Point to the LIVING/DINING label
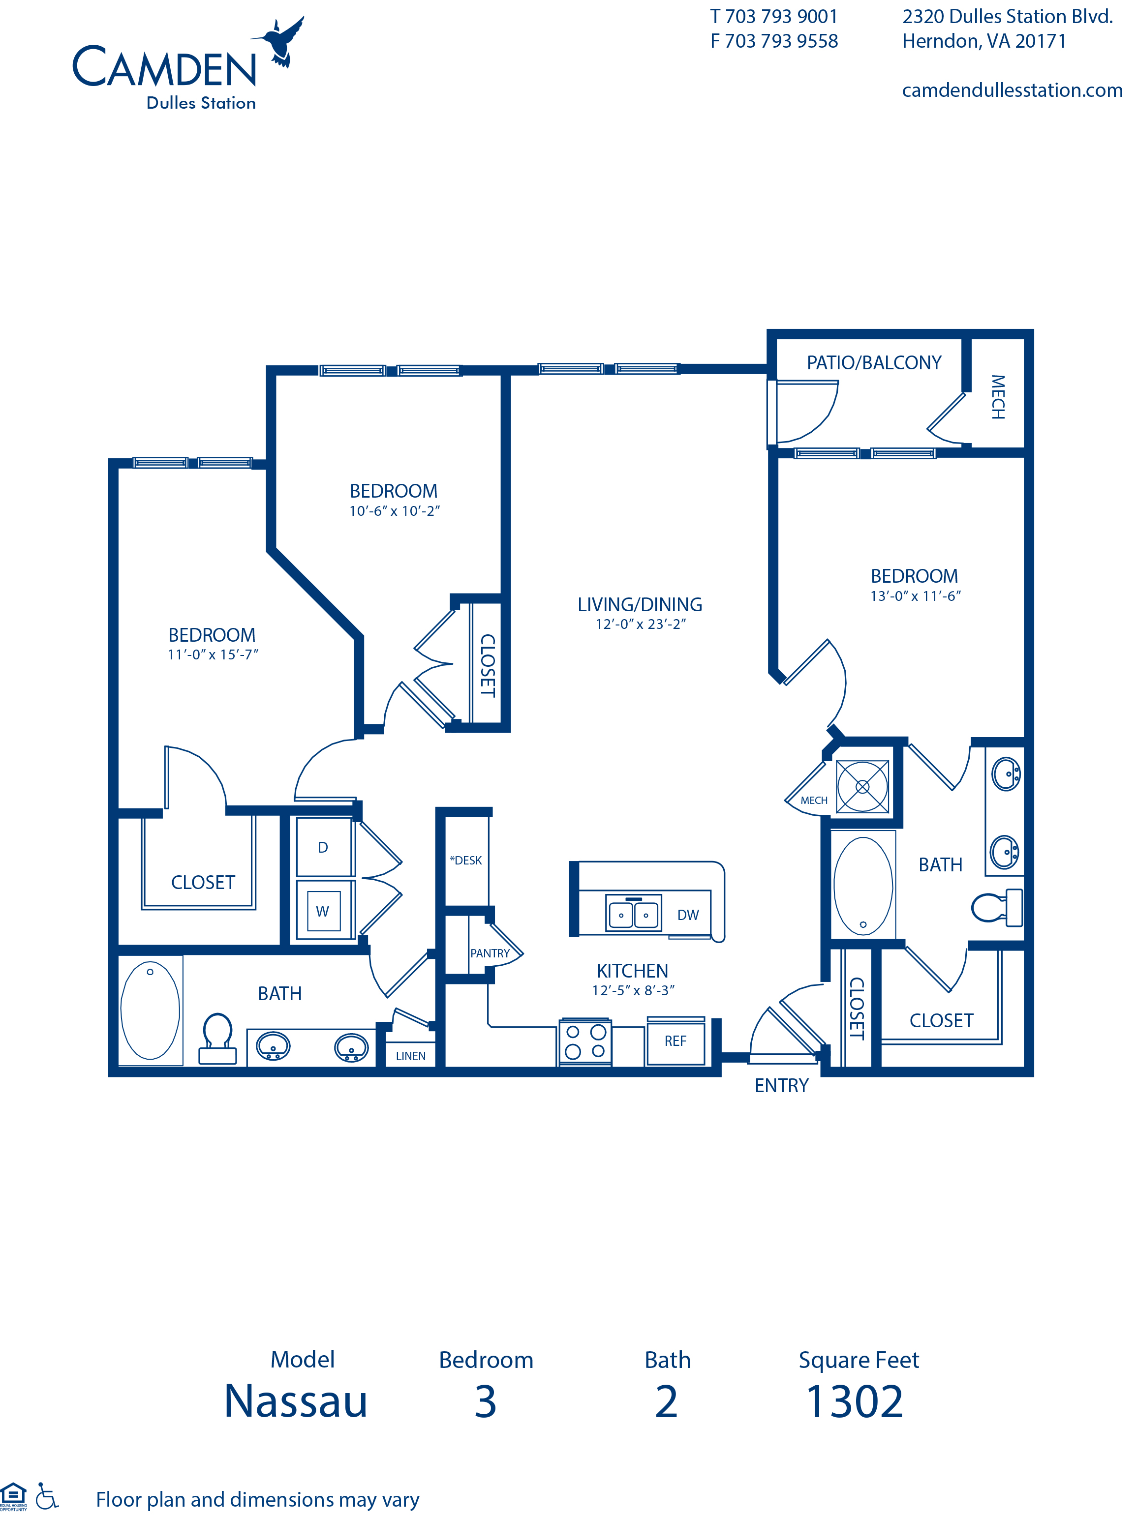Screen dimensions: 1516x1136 (639, 604)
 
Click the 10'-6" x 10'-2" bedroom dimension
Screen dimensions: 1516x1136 (394, 510)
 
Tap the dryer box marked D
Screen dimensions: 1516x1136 (323, 848)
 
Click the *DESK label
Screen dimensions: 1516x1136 (466, 860)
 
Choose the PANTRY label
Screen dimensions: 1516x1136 (490, 953)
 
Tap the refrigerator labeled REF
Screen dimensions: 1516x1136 (675, 1041)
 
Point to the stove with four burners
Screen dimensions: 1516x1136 (585, 1042)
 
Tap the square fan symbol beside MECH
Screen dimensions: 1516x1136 (862, 787)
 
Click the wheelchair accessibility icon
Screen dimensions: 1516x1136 (47, 1496)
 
